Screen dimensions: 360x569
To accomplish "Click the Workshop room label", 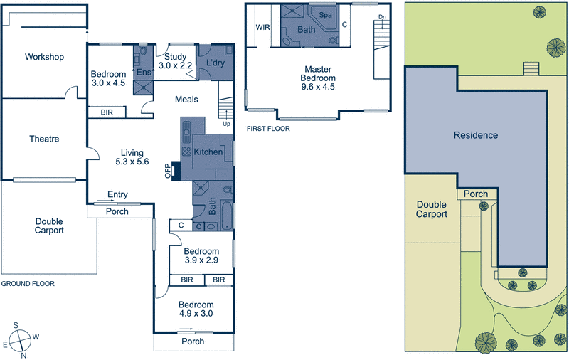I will pyautogui.click(x=44, y=57).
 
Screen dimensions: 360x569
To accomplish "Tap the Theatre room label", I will pyautogui.click(x=44, y=139).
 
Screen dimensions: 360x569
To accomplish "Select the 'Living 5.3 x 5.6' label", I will pyautogui.click(x=132, y=157).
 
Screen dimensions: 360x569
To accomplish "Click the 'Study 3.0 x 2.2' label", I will pyautogui.click(x=175, y=61).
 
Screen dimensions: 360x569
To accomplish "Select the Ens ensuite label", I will pyautogui.click(x=143, y=72).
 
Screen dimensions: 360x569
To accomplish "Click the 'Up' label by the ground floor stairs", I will pyautogui.click(x=227, y=123).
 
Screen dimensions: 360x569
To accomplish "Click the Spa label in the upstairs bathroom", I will pyautogui.click(x=326, y=15).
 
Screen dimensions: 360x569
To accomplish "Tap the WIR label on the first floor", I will pyautogui.click(x=262, y=28).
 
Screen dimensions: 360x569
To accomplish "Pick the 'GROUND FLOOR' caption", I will pyautogui.click(x=28, y=283).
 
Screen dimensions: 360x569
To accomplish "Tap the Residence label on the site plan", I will pyautogui.click(x=477, y=135).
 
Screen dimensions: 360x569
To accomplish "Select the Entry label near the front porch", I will pyautogui.click(x=117, y=194).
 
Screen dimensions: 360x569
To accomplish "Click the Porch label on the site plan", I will pyautogui.click(x=476, y=194).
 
